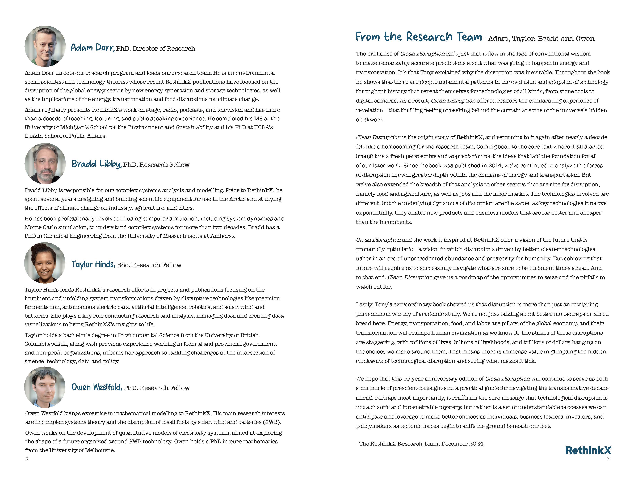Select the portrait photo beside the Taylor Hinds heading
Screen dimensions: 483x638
[45, 263]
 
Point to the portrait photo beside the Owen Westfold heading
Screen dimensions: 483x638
[45, 387]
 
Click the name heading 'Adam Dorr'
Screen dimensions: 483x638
[92, 48]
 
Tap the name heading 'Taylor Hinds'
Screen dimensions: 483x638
[93, 264]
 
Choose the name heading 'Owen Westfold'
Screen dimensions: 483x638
[97, 387]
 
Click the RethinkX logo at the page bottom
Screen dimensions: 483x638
[588, 450]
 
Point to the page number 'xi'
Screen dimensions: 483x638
[608, 458]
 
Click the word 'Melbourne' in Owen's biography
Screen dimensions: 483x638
[101, 450]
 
